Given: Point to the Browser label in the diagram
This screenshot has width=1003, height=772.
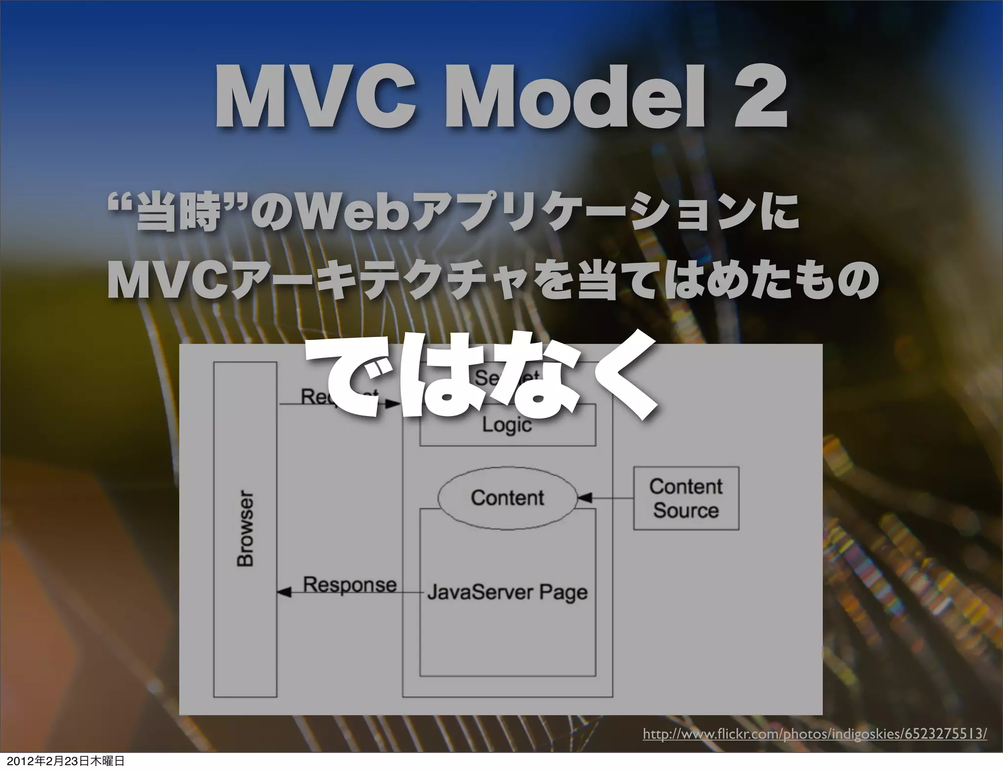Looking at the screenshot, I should (245, 529).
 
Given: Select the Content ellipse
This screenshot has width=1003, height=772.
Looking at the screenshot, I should (507, 498).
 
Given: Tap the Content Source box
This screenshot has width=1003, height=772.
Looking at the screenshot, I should (686, 498).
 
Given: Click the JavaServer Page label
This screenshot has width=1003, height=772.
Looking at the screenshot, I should (507, 592).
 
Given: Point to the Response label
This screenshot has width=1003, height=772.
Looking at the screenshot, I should (350, 584).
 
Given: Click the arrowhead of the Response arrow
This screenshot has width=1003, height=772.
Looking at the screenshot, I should (284, 593).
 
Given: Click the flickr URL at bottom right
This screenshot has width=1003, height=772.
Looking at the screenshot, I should (814, 734).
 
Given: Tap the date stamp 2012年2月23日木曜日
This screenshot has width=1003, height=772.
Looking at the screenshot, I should (62, 761).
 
